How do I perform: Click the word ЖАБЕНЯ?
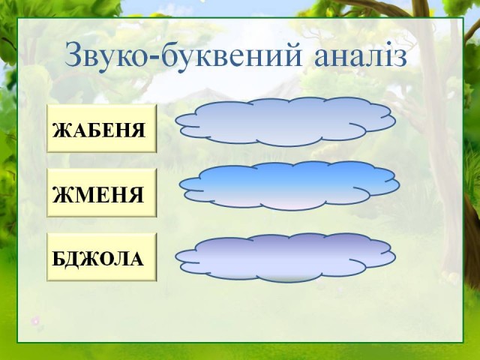[98, 130]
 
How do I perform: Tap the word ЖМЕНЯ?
[98, 195]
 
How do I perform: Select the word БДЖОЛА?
[98, 259]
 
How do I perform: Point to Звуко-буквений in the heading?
[183, 55]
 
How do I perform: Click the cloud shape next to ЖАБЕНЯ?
[285, 121]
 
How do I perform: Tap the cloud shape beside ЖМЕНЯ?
[289, 186]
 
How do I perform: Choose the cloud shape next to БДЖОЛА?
[285, 257]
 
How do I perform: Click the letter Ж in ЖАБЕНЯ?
[61, 130]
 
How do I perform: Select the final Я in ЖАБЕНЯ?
[138, 130]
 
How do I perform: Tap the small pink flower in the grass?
[35, 320]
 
